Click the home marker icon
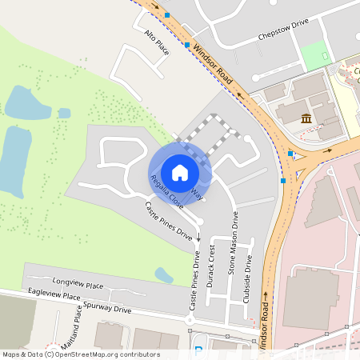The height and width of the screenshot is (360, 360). [180, 172]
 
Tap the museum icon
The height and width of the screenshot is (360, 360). [306, 119]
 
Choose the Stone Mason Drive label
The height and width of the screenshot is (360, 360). [234, 245]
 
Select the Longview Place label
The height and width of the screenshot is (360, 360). [78, 284]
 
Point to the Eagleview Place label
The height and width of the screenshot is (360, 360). [54, 296]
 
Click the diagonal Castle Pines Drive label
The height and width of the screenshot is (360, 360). [169, 222]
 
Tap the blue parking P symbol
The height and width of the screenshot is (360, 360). [199, 351]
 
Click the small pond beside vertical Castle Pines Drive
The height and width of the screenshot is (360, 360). [164, 275]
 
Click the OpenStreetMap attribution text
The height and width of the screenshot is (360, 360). [80, 354]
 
